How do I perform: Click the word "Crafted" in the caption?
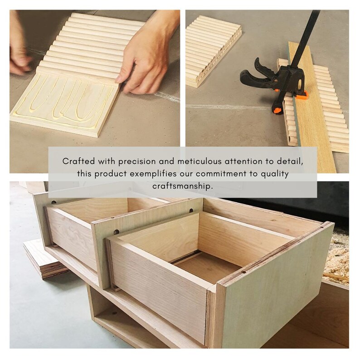[78, 161]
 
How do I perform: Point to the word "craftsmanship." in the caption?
[183, 186]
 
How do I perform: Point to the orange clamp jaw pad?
[301, 96]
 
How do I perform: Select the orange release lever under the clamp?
[277, 110]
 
